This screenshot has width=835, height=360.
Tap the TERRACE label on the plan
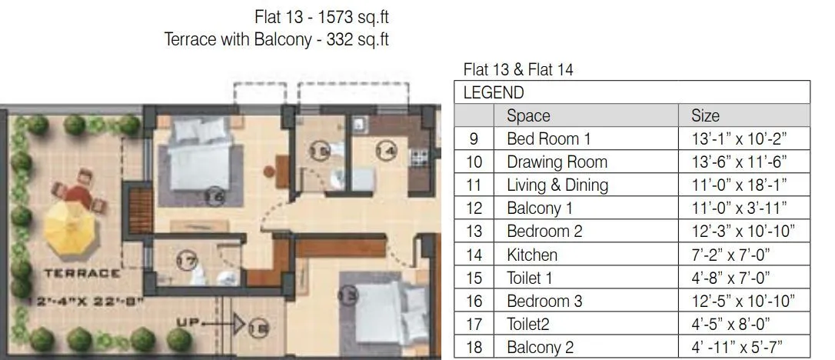[x=82, y=272]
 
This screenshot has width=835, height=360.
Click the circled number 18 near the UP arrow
[x=259, y=329]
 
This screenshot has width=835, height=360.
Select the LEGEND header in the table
[x=493, y=93]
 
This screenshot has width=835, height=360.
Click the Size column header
[x=705, y=116]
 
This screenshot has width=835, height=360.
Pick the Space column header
[x=528, y=116]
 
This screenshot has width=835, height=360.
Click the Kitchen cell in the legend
[x=532, y=255]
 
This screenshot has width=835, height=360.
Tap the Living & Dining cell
[x=557, y=185]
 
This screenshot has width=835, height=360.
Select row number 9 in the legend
[x=474, y=139]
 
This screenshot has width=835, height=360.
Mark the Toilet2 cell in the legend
[x=529, y=324]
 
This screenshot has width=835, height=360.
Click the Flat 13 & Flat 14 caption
[x=518, y=70]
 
